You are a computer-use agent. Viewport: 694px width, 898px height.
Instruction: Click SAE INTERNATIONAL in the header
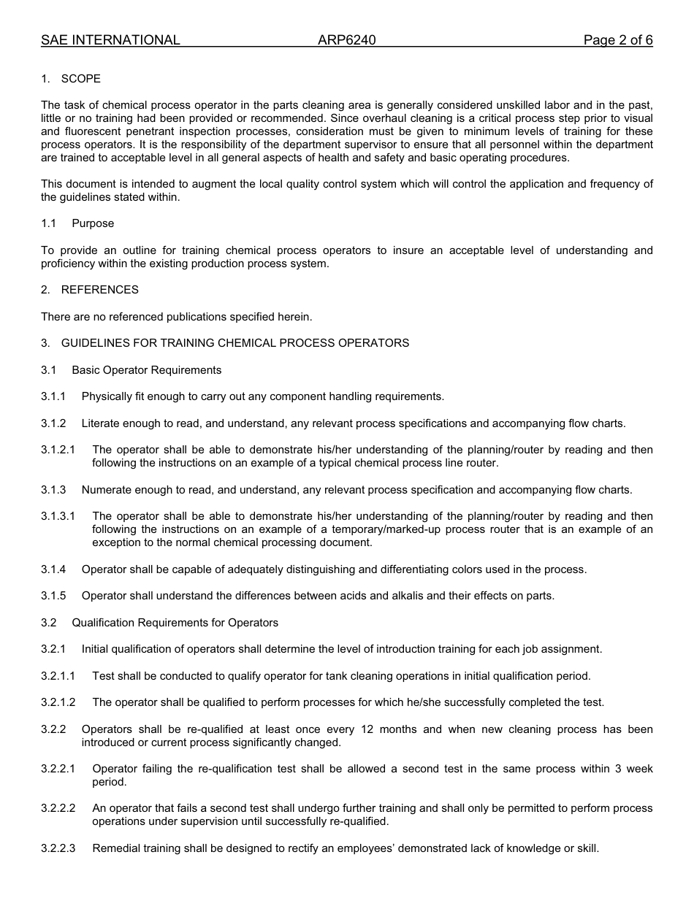110,40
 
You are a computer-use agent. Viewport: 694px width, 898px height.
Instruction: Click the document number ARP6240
346,40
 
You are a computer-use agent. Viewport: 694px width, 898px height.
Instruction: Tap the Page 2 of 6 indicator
617,40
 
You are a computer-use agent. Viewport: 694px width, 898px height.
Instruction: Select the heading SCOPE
80,79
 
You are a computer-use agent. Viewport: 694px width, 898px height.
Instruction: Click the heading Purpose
93,223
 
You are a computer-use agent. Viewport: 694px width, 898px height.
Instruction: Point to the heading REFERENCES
99,290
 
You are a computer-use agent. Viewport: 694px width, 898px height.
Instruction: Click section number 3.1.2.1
58,450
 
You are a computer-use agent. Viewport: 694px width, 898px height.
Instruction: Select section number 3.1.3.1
58,516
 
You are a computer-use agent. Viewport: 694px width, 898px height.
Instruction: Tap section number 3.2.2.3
58,848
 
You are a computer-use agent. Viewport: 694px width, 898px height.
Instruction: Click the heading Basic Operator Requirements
146,370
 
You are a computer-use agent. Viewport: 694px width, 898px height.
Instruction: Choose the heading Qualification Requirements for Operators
175,623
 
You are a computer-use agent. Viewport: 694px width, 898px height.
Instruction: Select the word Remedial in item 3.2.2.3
115,848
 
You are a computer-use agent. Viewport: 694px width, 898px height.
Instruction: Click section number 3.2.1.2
58,702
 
